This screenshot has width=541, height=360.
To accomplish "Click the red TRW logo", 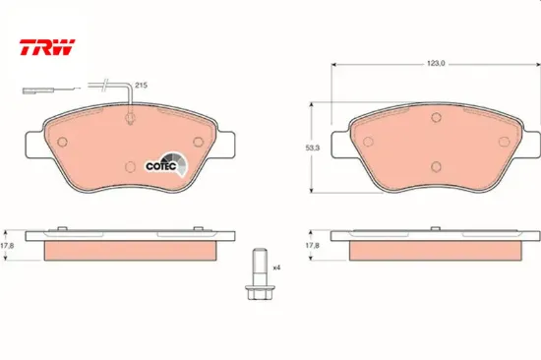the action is [47, 47].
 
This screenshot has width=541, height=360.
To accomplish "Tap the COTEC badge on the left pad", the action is [165, 165].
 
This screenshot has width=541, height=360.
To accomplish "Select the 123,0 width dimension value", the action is [436, 64].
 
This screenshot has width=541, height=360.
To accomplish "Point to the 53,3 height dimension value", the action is [313, 148].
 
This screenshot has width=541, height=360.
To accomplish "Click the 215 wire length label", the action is [141, 85].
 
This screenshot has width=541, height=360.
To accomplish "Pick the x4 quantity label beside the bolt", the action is [276, 268].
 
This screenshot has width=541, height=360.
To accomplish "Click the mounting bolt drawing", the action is [258, 273].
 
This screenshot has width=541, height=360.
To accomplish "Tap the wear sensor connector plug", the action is [32, 90].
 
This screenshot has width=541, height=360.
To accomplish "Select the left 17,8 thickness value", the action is [7, 246].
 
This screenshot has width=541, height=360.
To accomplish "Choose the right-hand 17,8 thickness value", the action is [312, 245].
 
